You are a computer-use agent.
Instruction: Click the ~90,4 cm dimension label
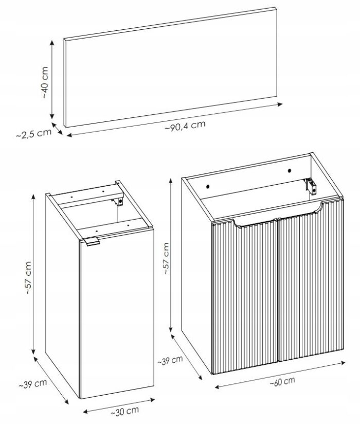[x=185, y=126]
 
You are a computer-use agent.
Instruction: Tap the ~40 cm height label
[x=45, y=82]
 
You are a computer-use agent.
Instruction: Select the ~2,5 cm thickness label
[x=33, y=134]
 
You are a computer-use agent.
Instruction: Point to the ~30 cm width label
[x=125, y=411]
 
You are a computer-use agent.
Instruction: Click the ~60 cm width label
[x=282, y=381]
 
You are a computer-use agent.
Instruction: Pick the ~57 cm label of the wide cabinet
[x=166, y=259]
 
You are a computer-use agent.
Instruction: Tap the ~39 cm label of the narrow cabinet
[x=33, y=384]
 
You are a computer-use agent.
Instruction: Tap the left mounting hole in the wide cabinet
[x=208, y=186]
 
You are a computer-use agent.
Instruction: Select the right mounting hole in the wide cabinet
[x=290, y=171]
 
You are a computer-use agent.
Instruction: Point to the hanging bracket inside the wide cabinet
[x=311, y=186]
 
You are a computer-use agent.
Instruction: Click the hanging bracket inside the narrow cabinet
[x=119, y=201]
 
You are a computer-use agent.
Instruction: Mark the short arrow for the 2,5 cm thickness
[x=57, y=129]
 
